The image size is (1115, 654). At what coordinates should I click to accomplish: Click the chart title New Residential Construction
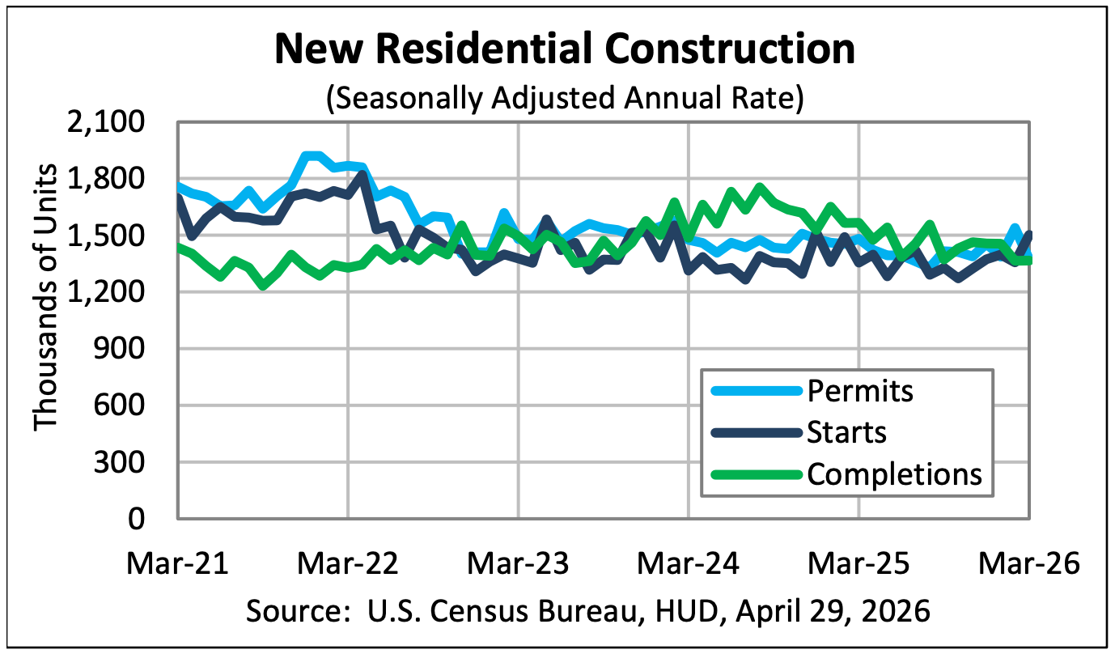click(565, 49)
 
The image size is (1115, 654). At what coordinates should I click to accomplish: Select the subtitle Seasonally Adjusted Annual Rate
click(565, 98)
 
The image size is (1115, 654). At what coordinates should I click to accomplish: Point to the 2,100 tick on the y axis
click(105, 122)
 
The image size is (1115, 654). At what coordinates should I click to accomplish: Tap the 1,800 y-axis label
click(105, 179)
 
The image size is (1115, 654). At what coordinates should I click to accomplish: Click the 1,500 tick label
click(105, 236)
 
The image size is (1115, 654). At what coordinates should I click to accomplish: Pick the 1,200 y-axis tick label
click(105, 292)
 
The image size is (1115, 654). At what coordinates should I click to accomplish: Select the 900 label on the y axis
click(119, 349)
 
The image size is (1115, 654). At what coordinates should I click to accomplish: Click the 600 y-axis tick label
click(119, 406)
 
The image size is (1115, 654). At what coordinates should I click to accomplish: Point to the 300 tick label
click(119, 462)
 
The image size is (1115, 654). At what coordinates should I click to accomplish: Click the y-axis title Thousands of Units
click(45, 297)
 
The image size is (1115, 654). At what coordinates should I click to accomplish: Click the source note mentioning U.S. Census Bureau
click(588, 611)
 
